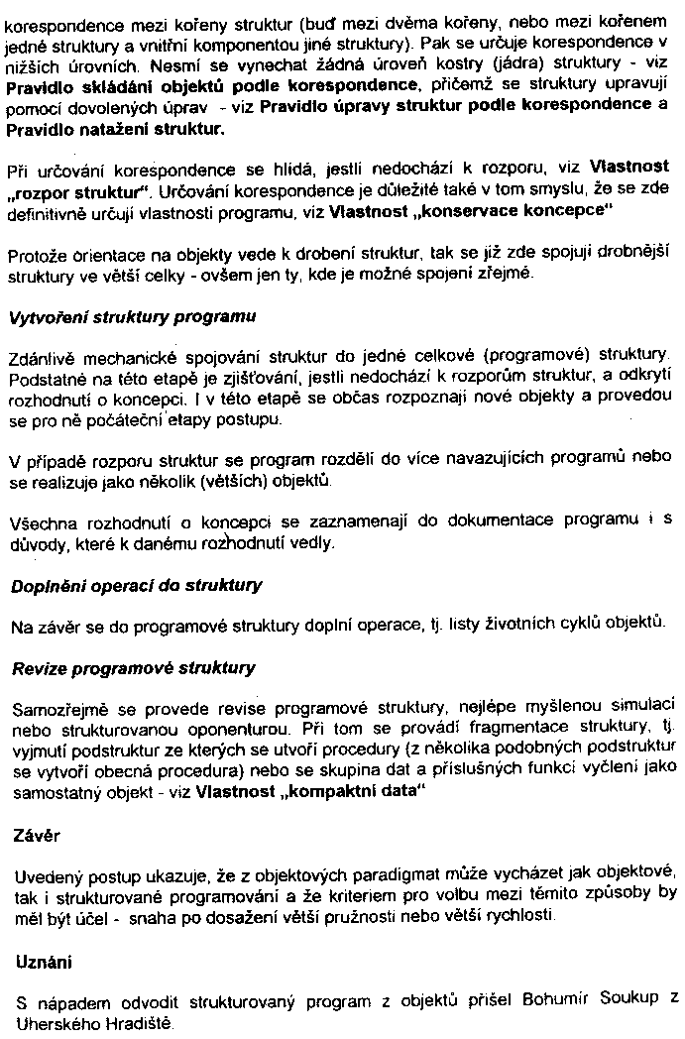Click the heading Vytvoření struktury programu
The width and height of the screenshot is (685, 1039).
133,318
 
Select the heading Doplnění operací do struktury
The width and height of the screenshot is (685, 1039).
137,585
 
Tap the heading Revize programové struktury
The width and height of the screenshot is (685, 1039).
133,668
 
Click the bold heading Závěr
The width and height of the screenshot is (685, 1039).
37,836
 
